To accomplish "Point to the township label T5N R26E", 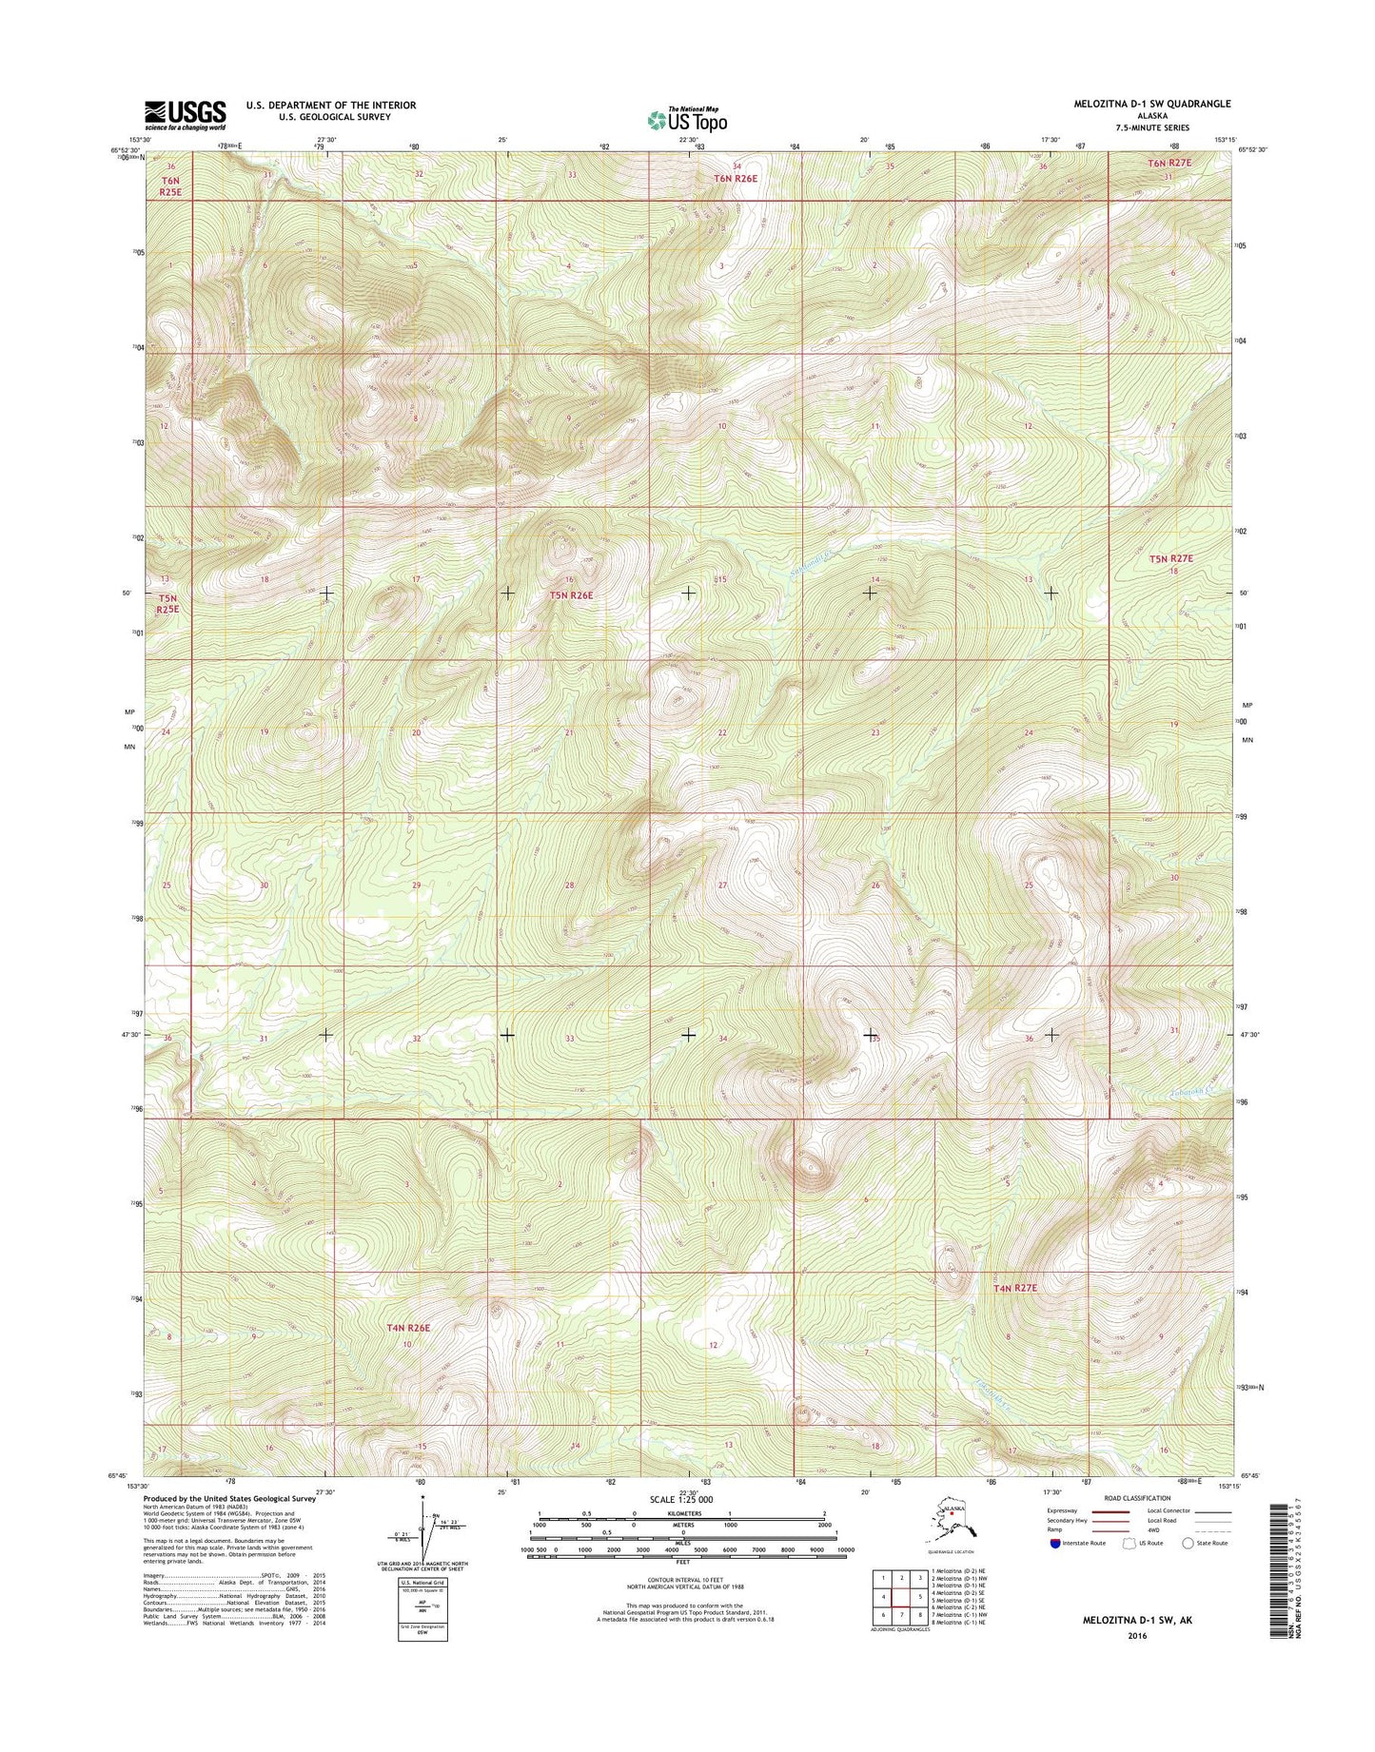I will (571, 595).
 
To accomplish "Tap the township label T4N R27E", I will (1013, 1288).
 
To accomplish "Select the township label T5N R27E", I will (1169, 560).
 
